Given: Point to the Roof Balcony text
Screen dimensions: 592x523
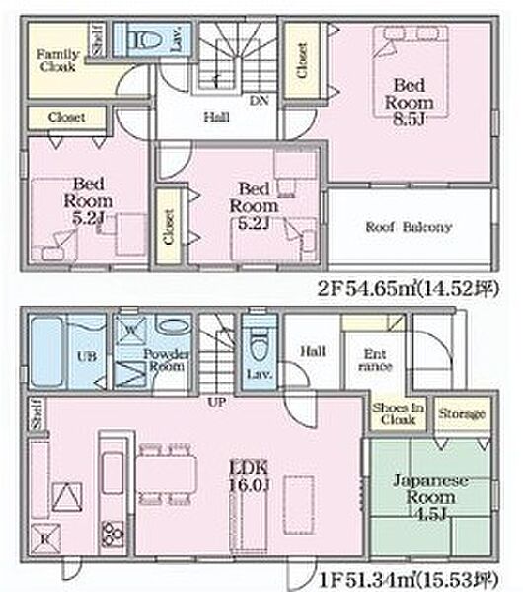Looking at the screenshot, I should [409, 227].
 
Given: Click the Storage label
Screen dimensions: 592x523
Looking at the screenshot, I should [461, 414].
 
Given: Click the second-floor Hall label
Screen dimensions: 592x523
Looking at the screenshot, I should [217, 117].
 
